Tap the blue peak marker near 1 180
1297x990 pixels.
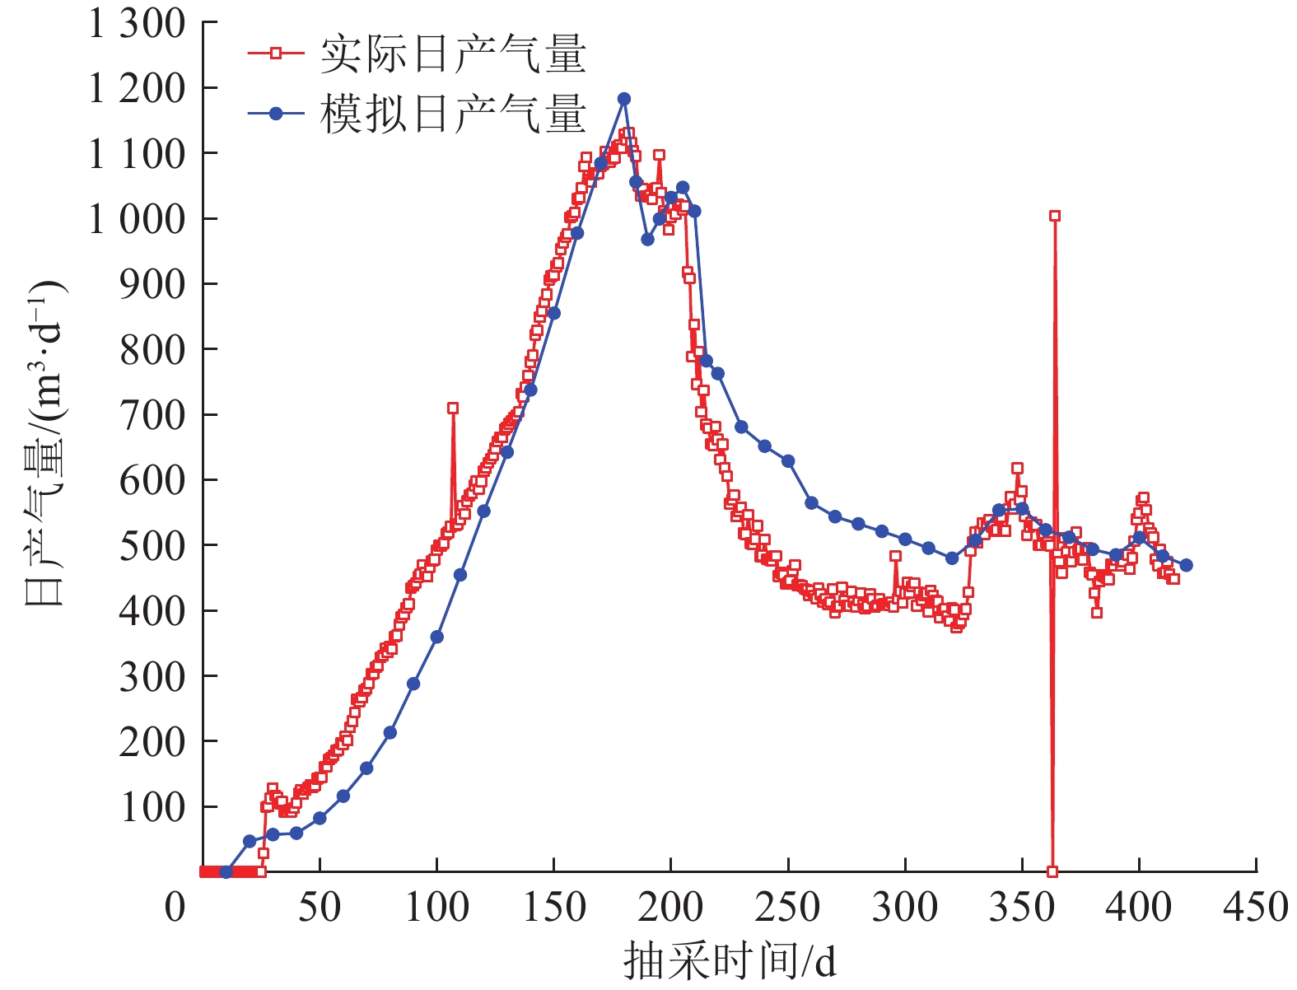point(624,99)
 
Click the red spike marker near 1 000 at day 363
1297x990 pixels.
point(1054,216)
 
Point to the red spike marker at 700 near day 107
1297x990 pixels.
point(453,408)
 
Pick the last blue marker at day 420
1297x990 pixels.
point(1186,565)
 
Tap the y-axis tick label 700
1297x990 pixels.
point(152,414)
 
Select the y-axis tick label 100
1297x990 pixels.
point(152,806)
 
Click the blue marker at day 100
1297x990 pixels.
point(436,637)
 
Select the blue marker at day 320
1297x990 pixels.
point(952,558)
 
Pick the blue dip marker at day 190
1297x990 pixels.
point(647,240)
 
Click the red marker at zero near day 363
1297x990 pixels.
point(1052,871)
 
